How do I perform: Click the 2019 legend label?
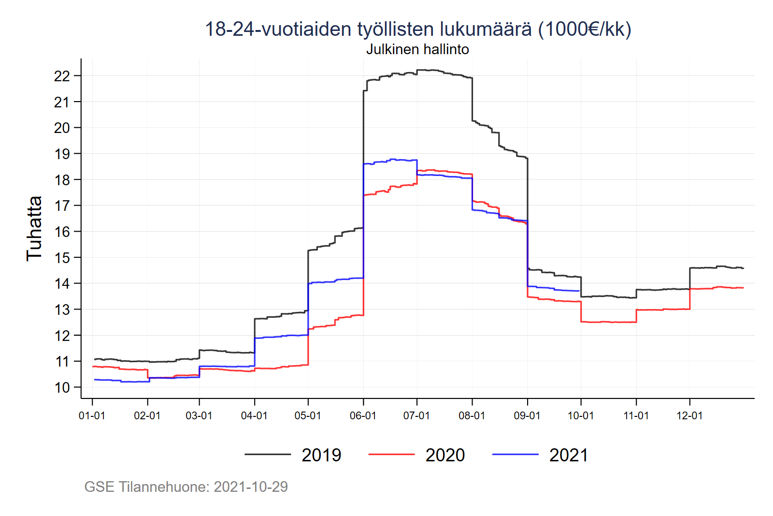click(321, 455)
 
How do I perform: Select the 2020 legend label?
click(445, 455)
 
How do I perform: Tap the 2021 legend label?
click(569, 455)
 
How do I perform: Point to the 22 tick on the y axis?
click(62, 76)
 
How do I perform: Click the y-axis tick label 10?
click(62, 387)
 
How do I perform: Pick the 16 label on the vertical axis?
click(62, 232)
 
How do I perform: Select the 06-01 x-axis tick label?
click(363, 416)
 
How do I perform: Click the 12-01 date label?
click(689, 416)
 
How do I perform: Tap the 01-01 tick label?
click(92, 416)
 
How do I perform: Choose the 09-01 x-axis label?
click(527, 416)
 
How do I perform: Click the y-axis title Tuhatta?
click(34, 228)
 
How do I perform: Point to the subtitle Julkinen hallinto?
click(417, 49)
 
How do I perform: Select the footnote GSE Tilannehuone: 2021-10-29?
click(186, 487)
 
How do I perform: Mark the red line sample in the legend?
click(391, 455)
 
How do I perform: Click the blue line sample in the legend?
click(515, 455)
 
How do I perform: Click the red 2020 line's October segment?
click(609, 322)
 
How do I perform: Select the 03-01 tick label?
click(199, 416)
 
